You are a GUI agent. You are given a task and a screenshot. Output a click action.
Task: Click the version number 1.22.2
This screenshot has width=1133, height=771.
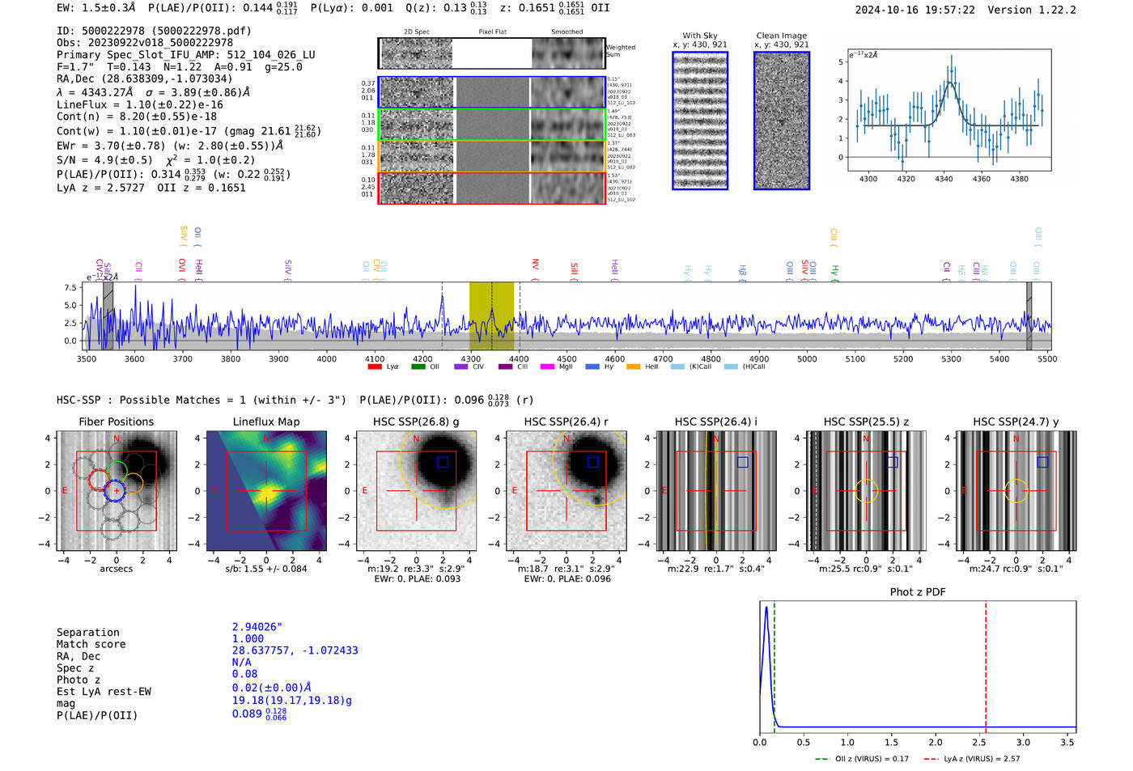point(1050,10)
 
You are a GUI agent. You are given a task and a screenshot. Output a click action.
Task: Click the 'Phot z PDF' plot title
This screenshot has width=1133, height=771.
point(917,591)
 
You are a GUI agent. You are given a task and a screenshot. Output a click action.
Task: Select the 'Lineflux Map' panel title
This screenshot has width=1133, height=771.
point(265,422)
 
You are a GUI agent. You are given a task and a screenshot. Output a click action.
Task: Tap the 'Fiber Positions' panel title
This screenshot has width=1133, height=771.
point(116,422)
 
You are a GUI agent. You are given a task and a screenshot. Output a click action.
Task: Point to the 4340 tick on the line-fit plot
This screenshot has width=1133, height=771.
point(944,179)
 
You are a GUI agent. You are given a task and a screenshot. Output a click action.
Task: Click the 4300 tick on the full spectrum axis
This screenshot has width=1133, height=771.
point(470,359)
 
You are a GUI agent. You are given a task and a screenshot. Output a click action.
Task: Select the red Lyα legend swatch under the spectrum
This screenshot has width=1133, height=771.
point(375,367)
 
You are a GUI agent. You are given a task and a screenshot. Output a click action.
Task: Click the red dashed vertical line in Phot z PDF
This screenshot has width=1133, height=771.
point(986,663)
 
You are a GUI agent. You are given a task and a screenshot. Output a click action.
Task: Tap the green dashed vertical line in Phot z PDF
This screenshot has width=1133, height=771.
point(774,663)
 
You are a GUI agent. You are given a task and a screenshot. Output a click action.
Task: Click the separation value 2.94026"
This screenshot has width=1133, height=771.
point(257,627)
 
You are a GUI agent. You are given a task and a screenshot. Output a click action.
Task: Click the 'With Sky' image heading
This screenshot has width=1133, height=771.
point(699,36)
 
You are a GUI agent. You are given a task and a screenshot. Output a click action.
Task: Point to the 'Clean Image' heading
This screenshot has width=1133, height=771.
point(781,36)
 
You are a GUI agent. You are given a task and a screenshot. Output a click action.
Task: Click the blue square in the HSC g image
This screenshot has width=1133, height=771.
point(442,462)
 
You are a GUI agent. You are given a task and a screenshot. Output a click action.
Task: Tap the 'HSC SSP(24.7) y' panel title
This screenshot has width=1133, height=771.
point(1016,422)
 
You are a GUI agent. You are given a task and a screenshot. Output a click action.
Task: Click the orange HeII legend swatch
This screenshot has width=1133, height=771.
point(633,367)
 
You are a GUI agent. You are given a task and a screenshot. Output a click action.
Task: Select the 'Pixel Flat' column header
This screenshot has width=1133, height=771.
point(492,32)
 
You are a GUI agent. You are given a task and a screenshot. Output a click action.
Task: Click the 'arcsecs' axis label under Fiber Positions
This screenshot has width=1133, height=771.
point(116,569)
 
